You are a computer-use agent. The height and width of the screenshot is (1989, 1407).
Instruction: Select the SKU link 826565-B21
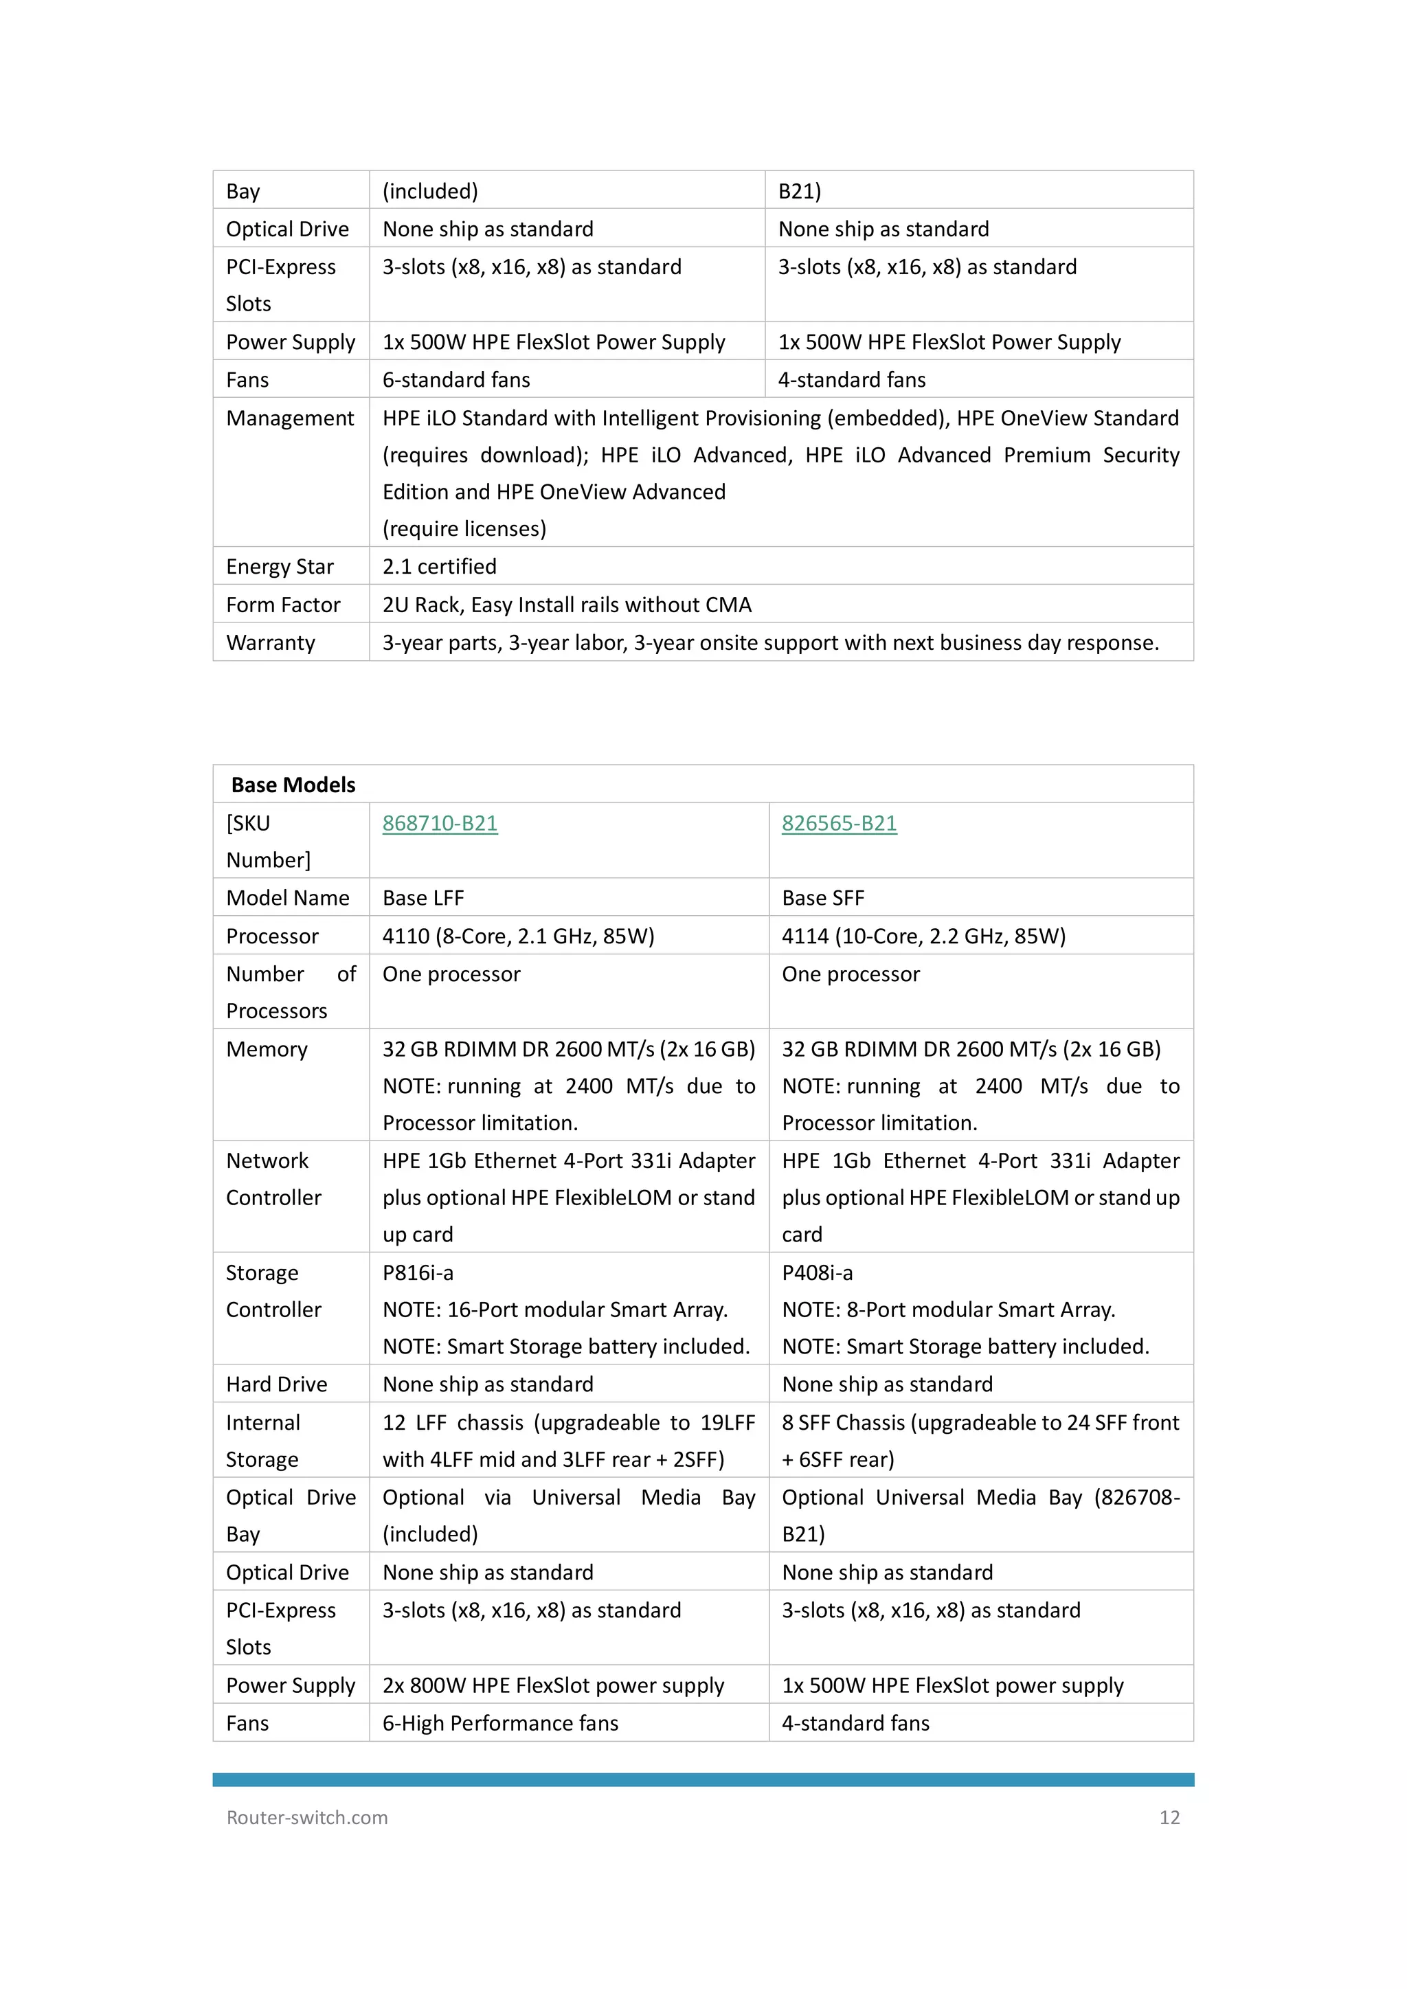[839, 823]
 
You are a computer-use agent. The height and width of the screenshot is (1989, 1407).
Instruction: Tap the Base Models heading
[293, 785]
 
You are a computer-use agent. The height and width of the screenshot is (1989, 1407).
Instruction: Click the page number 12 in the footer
[1169, 1817]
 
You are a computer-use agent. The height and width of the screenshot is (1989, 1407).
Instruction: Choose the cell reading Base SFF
[822, 899]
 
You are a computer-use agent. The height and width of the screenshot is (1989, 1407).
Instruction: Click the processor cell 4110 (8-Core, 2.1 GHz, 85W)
[518, 936]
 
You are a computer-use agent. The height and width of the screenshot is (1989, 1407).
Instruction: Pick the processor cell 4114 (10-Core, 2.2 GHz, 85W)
[923, 936]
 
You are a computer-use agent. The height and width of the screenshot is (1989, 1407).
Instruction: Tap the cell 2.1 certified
[439, 567]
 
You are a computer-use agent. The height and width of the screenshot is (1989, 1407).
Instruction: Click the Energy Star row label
[279, 567]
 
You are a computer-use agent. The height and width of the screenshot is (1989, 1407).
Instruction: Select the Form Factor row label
[282, 605]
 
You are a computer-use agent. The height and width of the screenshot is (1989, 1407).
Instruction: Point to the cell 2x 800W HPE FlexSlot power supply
[553, 1685]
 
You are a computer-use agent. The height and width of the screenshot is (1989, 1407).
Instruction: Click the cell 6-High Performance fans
[500, 1723]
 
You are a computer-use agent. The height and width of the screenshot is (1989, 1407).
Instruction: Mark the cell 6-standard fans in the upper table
[455, 379]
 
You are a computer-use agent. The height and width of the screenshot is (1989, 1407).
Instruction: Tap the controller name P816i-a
[418, 1272]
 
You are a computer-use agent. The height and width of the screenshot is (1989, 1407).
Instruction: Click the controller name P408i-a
[817, 1272]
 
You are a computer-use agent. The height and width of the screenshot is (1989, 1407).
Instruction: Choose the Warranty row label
[270, 643]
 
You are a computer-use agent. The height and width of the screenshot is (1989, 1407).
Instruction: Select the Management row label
[289, 418]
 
